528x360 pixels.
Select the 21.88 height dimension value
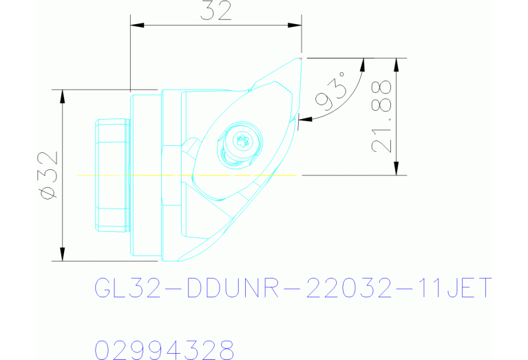(x=381, y=116)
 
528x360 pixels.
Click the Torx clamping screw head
(x=243, y=142)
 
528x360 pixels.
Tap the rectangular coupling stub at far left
(x=112, y=175)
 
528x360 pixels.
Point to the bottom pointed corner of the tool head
(x=180, y=260)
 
